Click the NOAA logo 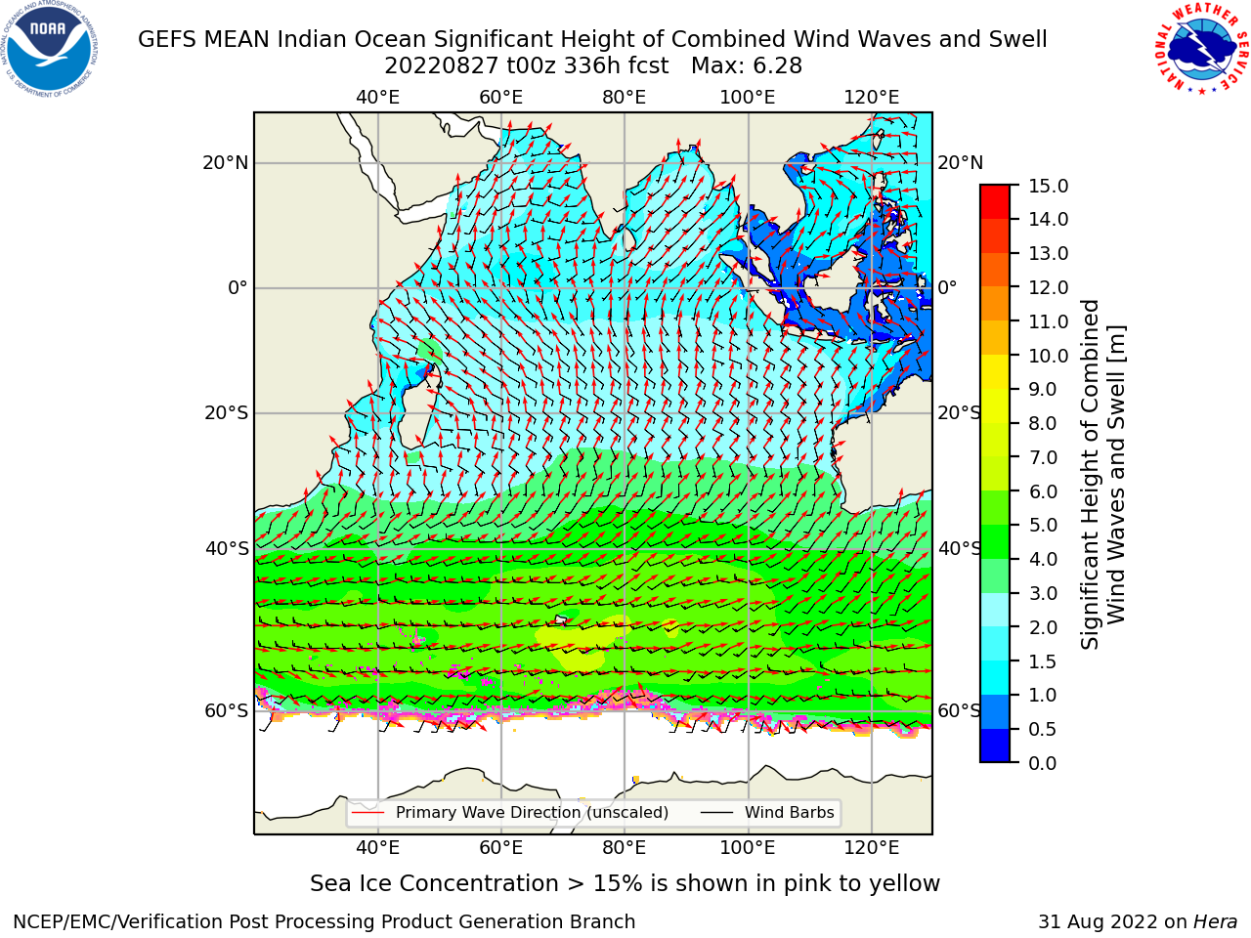click(49, 49)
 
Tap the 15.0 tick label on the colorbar click(1048, 187)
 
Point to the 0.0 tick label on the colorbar click(1042, 763)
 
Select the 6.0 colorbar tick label click(1042, 491)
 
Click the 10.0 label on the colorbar click(1048, 356)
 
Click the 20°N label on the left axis click(225, 163)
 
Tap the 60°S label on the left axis click(227, 711)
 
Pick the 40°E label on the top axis click(377, 98)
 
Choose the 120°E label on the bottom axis click(871, 847)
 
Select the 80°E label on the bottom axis click(625, 847)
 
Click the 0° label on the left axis click(237, 287)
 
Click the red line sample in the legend click(367, 813)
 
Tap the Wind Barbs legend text click(789, 813)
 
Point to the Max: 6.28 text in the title click(746, 66)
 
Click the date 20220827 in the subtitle click(442, 66)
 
